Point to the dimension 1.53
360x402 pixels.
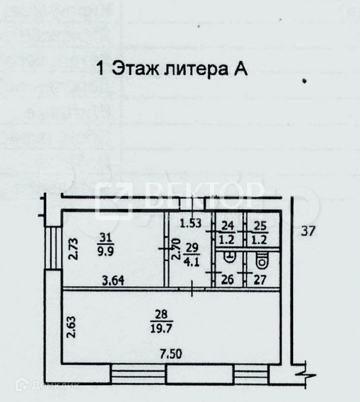point(191,223)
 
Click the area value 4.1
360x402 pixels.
point(192,261)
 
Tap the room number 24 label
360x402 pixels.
point(227,226)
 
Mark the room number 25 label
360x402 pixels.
point(260,226)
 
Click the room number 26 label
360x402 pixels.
point(228,280)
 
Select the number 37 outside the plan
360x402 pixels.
point(308,232)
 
